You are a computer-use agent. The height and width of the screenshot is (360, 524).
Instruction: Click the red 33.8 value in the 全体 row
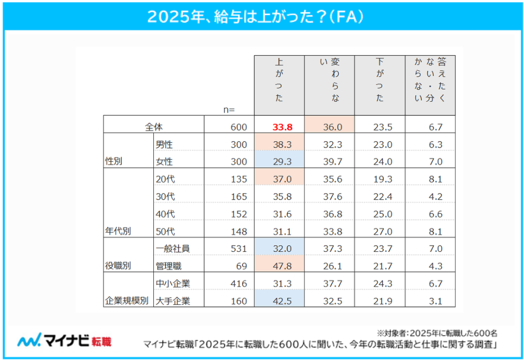pos(279,126)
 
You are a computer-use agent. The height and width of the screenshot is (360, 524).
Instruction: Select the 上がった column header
pos(279,84)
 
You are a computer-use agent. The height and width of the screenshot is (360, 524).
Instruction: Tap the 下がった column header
pos(380,84)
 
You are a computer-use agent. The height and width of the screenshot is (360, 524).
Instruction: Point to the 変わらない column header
pos(329,84)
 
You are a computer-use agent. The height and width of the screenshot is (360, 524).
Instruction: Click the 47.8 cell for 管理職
pos(279,266)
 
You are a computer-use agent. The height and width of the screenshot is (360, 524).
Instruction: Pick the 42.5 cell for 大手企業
pos(279,301)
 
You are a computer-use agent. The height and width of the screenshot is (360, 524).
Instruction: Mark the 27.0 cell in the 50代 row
pos(380,231)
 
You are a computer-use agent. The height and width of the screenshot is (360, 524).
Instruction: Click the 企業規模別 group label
pos(127,301)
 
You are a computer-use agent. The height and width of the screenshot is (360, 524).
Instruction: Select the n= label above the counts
pos(228,110)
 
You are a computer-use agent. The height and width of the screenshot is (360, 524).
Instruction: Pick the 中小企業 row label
pos(173,284)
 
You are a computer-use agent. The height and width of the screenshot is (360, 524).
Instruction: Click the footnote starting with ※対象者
pos(437,333)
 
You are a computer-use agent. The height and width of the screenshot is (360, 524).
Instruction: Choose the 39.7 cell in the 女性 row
pos(329,161)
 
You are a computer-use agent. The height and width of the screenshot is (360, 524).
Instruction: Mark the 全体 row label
pos(153,126)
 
